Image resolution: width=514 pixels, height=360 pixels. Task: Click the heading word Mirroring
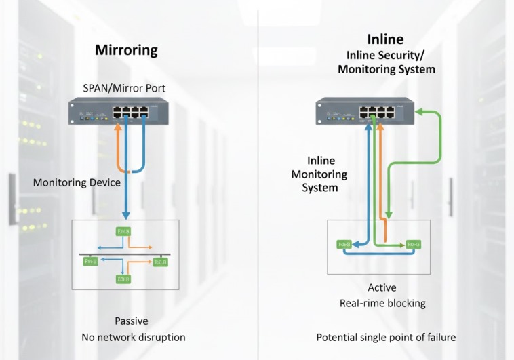point(126,49)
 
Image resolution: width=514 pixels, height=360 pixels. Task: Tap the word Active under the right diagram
point(382,287)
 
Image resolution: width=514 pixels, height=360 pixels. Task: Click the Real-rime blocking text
point(382,303)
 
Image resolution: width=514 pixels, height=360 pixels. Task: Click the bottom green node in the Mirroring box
point(124,279)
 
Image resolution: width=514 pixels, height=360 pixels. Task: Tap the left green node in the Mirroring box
point(90,260)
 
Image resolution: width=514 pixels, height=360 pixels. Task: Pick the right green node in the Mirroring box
point(161,261)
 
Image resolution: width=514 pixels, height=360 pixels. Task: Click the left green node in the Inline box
point(344,244)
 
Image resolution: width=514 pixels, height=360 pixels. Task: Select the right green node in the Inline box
point(413,244)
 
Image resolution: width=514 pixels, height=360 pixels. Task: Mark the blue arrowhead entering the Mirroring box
point(124,214)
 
